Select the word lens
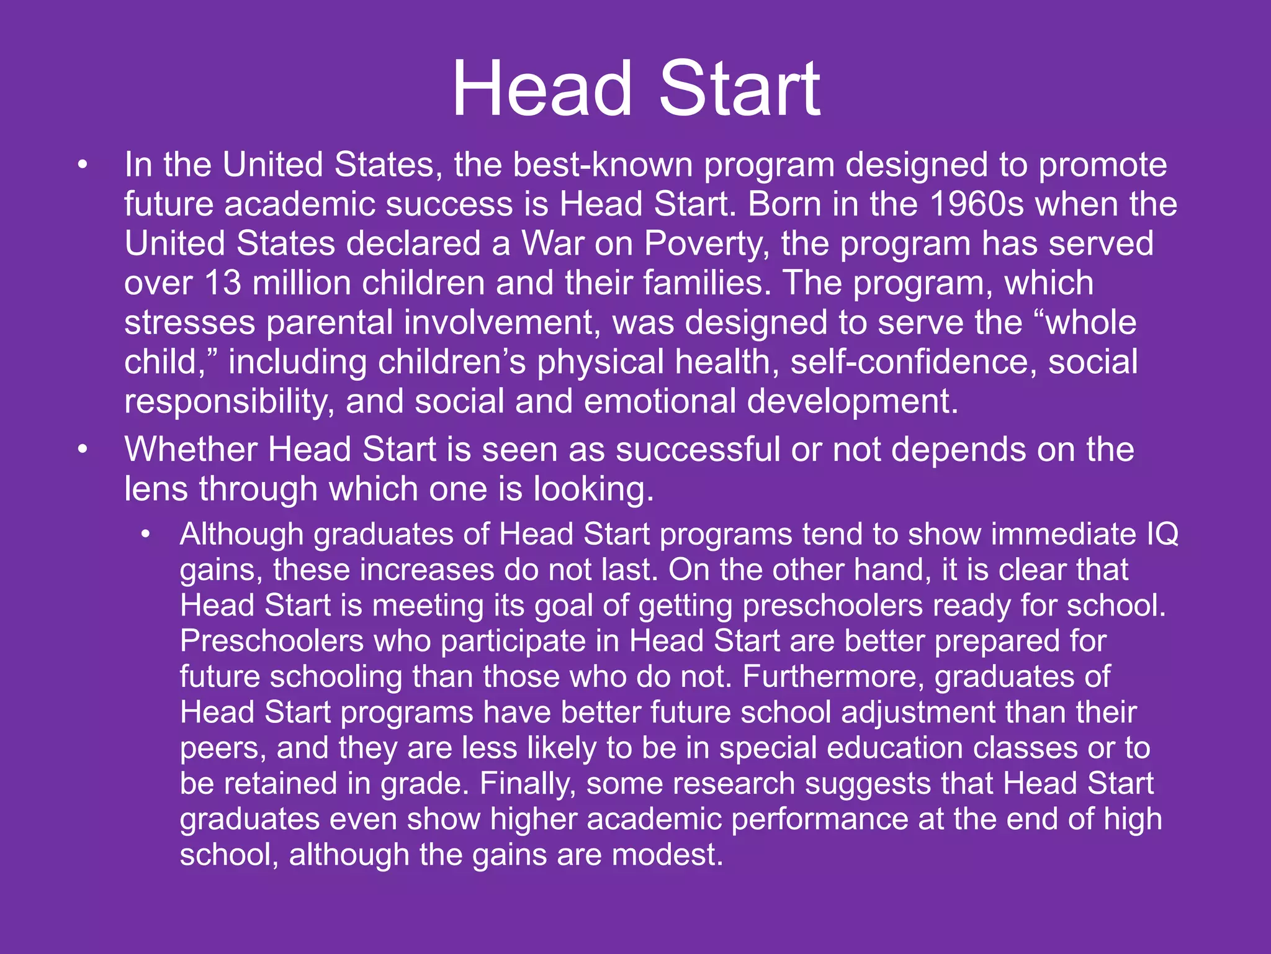pyautogui.click(x=156, y=489)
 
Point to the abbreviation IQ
pyautogui.click(x=1162, y=534)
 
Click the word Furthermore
pyautogui.click(x=833, y=676)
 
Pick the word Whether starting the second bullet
pyautogui.click(x=191, y=450)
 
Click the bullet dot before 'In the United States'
pyautogui.click(x=83, y=166)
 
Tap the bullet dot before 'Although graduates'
pyautogui.click(x=146, y=535)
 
